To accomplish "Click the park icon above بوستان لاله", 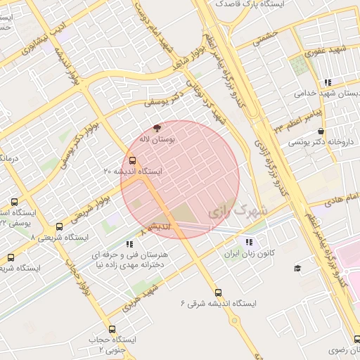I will point(157,129).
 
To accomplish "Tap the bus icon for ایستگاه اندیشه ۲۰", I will point(133,160).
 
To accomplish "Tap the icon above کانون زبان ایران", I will point(248,242).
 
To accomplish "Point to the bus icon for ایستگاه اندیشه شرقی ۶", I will point(218,292).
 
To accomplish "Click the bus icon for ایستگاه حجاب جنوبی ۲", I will point(112,329).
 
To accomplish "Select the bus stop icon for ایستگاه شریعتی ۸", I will point(58,227).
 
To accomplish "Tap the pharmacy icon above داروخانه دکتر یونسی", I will point(321,131).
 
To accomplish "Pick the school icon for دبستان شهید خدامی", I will point(328,82).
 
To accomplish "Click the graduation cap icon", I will point(297,268).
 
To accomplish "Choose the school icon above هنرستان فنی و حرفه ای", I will point(129,244).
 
